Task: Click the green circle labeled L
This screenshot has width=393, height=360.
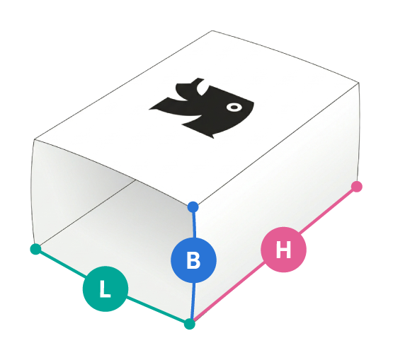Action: [x=106, y=289]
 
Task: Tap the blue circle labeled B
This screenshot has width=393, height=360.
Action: [x=193, y=260]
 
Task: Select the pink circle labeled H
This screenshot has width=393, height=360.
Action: [x=283, y=250]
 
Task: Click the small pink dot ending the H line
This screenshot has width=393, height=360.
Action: [x=357, y=187]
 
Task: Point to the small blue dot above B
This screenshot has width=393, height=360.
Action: [x=193, y=207]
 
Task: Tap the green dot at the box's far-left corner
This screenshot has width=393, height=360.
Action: [x=35, y=249]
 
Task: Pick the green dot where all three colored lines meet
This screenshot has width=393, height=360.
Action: [x=190, y=324]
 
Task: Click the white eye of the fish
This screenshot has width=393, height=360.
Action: [x=234, y=108]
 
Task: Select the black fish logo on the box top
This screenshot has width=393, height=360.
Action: [x=202, y=108]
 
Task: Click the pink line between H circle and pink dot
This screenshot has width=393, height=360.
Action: [x=328, y=211]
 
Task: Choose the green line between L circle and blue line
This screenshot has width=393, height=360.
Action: [x=156, y=310]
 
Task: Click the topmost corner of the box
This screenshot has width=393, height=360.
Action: [x=212, y=31]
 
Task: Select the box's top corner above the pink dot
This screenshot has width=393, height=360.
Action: [x=359, y=83]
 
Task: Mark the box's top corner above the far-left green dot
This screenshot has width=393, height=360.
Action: [x=34, y=139]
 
